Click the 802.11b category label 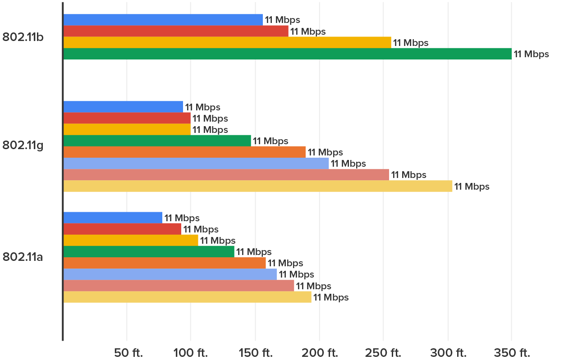pyautogui.click(x=23, y=37)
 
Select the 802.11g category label pyautogui.click(x=23, y=146)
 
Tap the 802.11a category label pyautogui.click(x=23, y=257)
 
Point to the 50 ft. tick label pyautogui.click(x=128, y=352)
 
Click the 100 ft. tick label pyautogui.click(x=191, y=352)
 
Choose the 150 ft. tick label pyautogui.click(x=255, y=352)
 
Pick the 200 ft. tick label pyautogui.click(x=319, y=352)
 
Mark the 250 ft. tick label pyautogui.click(x=383, y=352)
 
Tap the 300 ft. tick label pyautogui.click(x=448, y=352)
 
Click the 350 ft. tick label pyautogui.click(x=512, y=352)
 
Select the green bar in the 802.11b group pyautogui.click(x=288, y=54)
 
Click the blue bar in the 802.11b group pyautogui.click(x=163, y=20)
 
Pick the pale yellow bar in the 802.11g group pyautogui.click(x=258, y=186)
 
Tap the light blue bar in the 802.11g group pyautogui.click(x=196, y=164)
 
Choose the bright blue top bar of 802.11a pyautogui.click(x=113, y=218)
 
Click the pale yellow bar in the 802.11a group pyautogui.click(x=188, y=297)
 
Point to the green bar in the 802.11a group pyautogui.click(x=149, y=252)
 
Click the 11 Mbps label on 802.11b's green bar pyautogui.click(x=532, y=55)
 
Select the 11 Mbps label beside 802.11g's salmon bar pyautogui.click(x=408, y=175)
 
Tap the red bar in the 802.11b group pyautogui.click(x=176, y=31)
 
